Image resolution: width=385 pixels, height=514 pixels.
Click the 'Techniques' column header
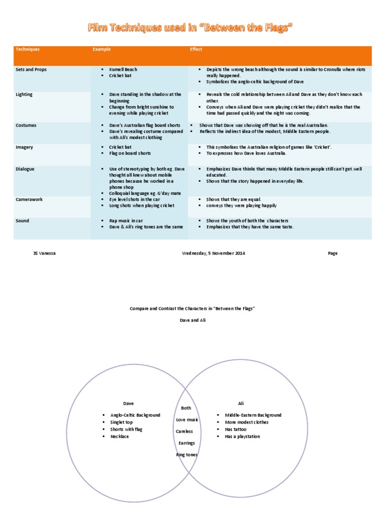(28, 50)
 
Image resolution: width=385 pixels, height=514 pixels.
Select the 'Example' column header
(101, 50)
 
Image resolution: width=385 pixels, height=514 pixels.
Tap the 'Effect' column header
(196, 50)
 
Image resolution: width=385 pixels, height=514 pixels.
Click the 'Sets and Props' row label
(31, 70)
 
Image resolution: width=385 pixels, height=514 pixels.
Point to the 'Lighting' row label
(24, 94)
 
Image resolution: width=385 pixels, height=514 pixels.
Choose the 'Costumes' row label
(26, 125)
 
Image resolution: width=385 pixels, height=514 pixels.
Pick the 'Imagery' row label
(24, 147)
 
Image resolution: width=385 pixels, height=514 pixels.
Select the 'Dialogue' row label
(25, 169)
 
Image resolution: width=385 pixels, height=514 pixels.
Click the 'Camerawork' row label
(29, 199)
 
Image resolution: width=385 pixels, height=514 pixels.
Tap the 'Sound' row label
(23, 221)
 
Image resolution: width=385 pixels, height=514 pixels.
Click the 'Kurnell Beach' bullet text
(123, 70)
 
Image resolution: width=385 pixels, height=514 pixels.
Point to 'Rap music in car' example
(126, 221)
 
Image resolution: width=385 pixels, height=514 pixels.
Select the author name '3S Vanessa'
(44, 253)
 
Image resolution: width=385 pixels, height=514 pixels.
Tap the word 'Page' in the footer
(333, 253)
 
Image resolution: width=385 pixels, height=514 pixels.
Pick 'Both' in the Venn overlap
(186, 408)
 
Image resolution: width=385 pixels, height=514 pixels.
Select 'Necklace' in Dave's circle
(119, 437)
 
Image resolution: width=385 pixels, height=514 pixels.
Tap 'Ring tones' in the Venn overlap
(186, 455)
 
